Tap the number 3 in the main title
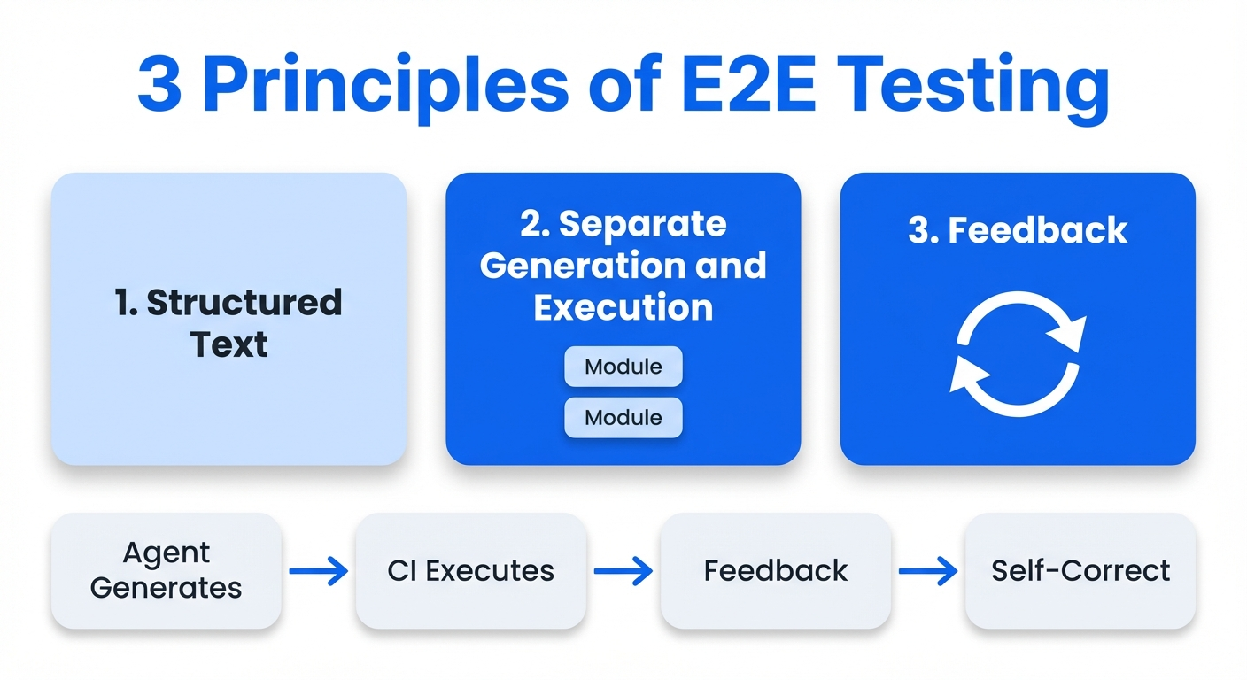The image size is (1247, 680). pos(159,86)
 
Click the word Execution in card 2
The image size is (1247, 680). pos(623,307)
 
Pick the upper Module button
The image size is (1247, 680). pos(623,367)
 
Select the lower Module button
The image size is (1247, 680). pos(623,418)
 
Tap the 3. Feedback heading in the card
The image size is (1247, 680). pos(1018,231)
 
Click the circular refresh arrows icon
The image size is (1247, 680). pos(1018,354)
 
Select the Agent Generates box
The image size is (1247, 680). pos(167,571)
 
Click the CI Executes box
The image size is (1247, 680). pos(471,571)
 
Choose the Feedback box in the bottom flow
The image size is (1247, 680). pos(776,571)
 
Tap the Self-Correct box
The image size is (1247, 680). pos(1080,571)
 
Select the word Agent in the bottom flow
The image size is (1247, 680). pos(167,553)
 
